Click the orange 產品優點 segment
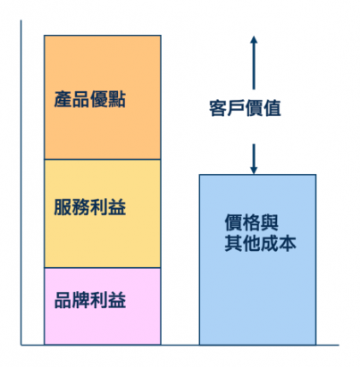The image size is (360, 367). (103, 97)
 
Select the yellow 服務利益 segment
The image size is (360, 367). (103, 213)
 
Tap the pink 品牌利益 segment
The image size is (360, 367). (103, 306)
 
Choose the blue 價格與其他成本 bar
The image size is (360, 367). (257, 260)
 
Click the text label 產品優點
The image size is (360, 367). (90, 99)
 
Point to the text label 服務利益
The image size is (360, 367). (90, 207)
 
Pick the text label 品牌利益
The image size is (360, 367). (90, 300)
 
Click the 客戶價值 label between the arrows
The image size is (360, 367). (245, 108)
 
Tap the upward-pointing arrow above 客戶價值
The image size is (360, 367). (254, 63)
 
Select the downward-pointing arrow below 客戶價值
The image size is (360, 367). (254, 159)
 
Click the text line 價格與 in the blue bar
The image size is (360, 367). (252, 222)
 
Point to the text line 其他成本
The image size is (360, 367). (261, 243)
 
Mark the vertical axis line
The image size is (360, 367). (21, 182)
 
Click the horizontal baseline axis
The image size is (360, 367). (180, 345)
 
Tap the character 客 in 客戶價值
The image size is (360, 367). (218, 108)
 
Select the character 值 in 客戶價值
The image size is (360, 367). (272, 108)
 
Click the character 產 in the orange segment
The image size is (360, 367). (63, 99)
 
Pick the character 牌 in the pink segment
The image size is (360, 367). (81, 300)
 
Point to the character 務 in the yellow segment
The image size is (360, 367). (81, 207)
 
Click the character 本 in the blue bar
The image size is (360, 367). (288, 243)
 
